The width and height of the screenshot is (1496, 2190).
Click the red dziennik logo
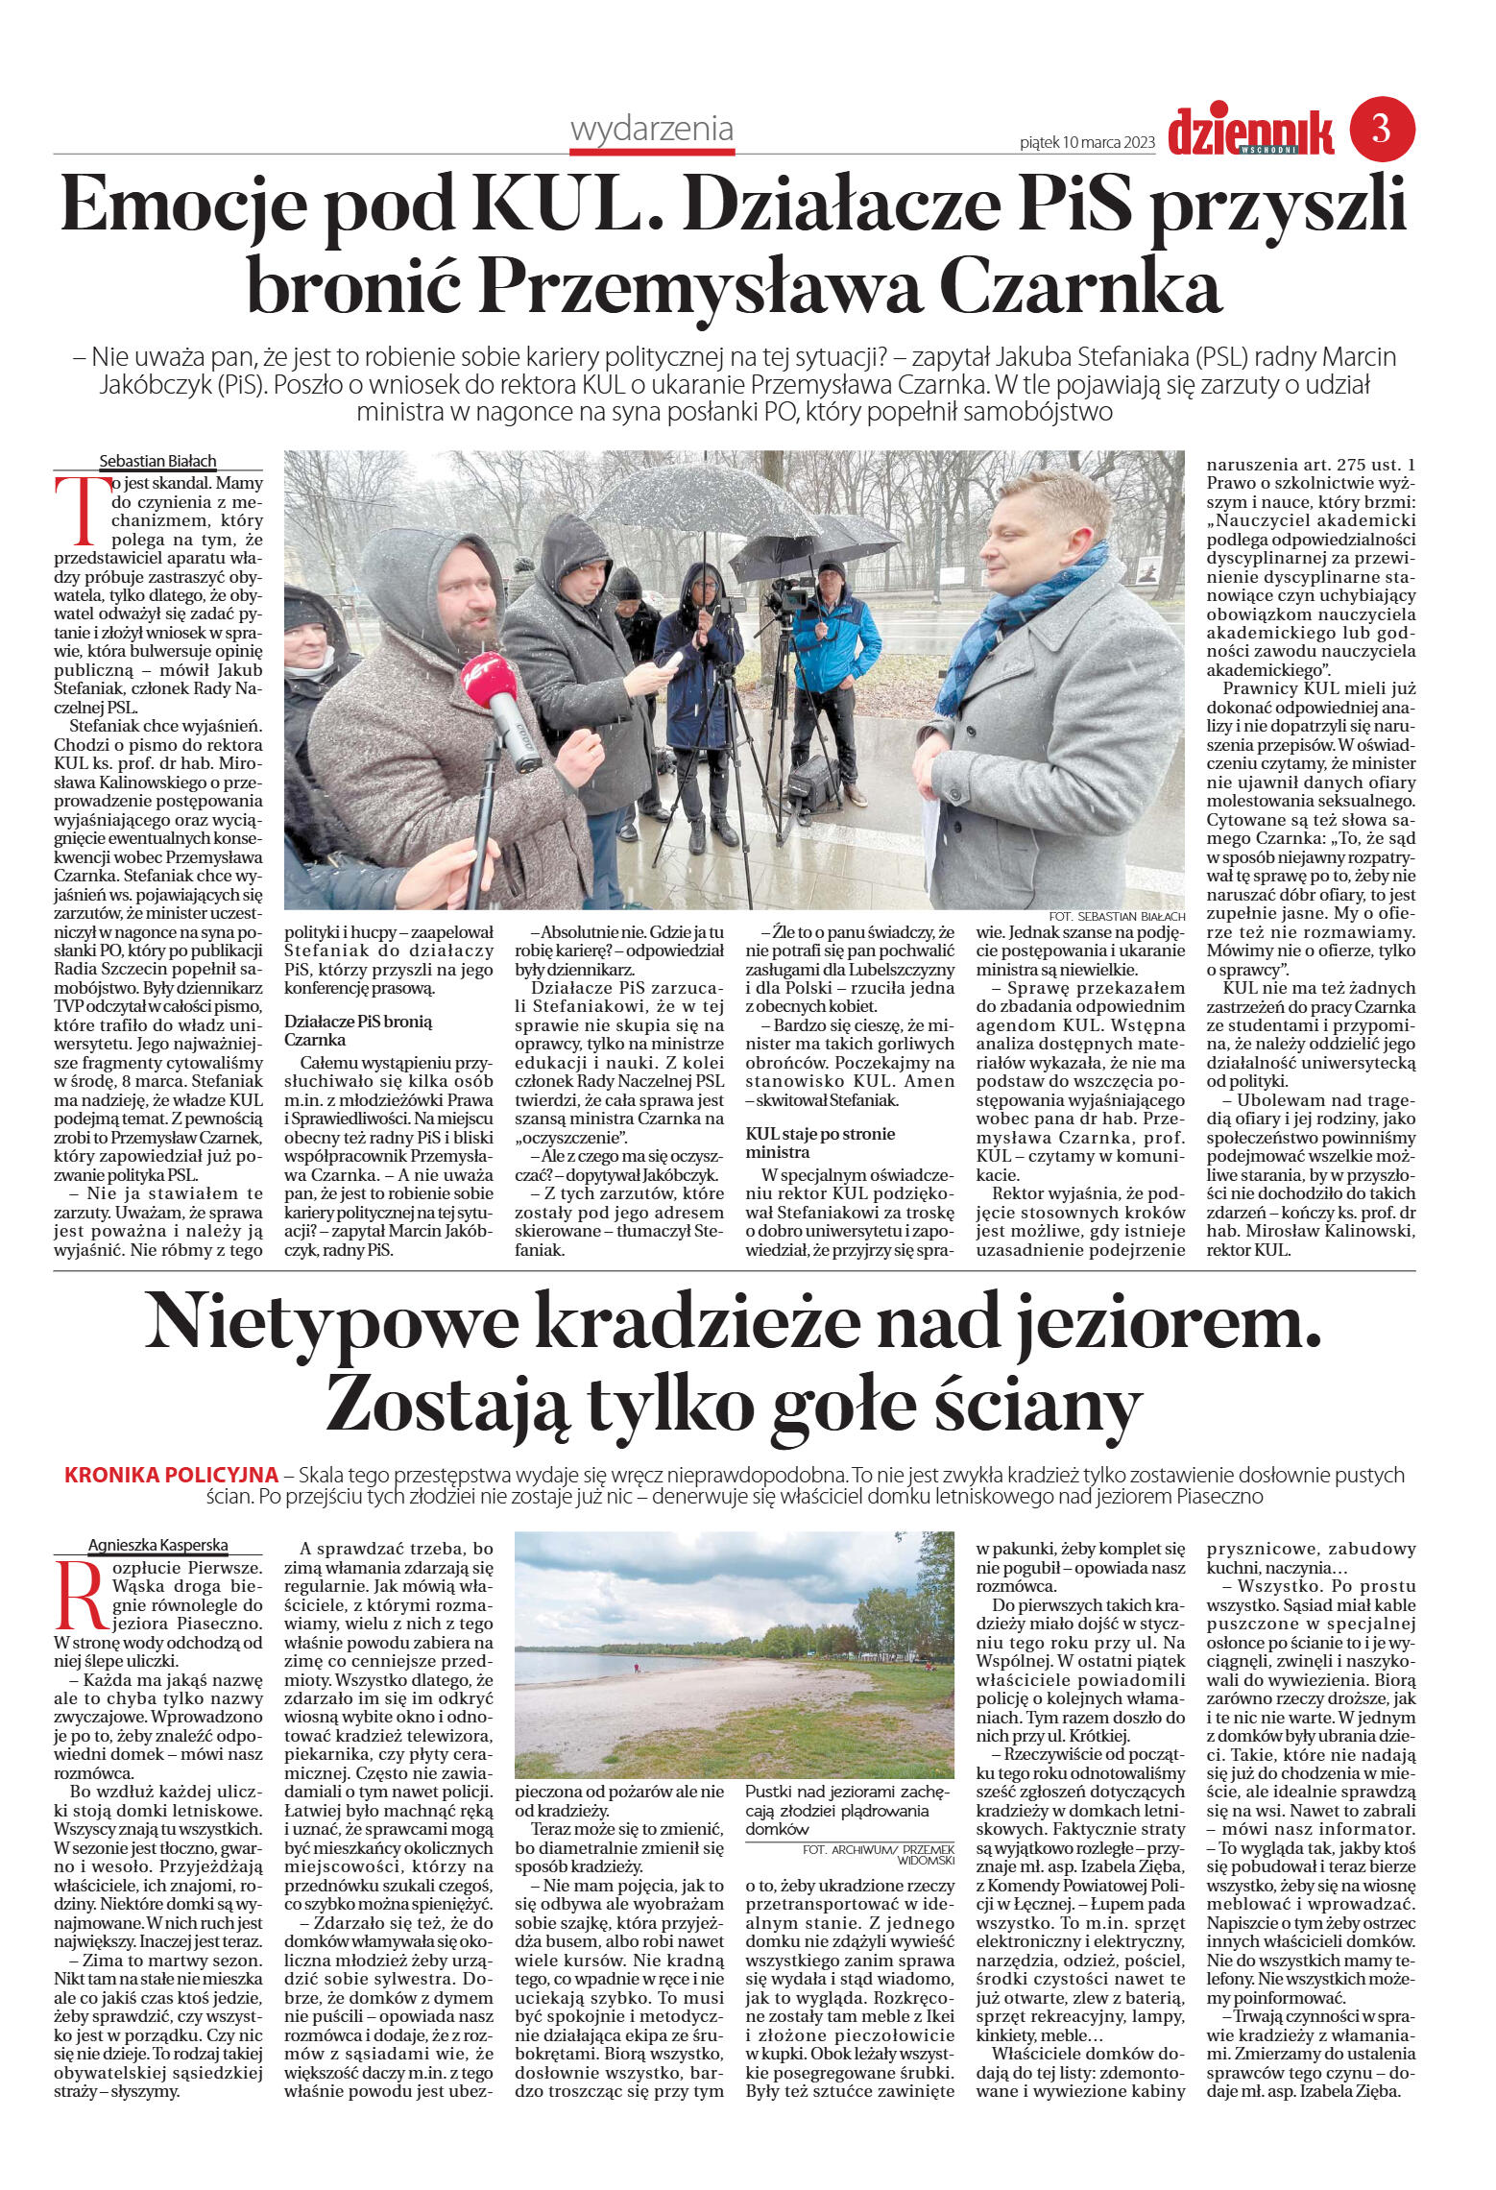(1250, 132)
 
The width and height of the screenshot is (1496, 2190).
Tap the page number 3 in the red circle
(1382, 129)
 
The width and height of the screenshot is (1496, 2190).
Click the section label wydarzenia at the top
(651, 129)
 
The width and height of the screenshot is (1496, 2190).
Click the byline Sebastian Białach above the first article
(158, 461)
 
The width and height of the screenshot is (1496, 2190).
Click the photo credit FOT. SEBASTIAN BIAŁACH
(1117, 917)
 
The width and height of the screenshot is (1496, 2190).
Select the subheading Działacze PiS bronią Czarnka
(358, 1030)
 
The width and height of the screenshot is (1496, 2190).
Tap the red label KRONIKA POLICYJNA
(171, 1475)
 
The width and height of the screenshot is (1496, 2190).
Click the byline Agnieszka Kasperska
(158, 1545)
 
